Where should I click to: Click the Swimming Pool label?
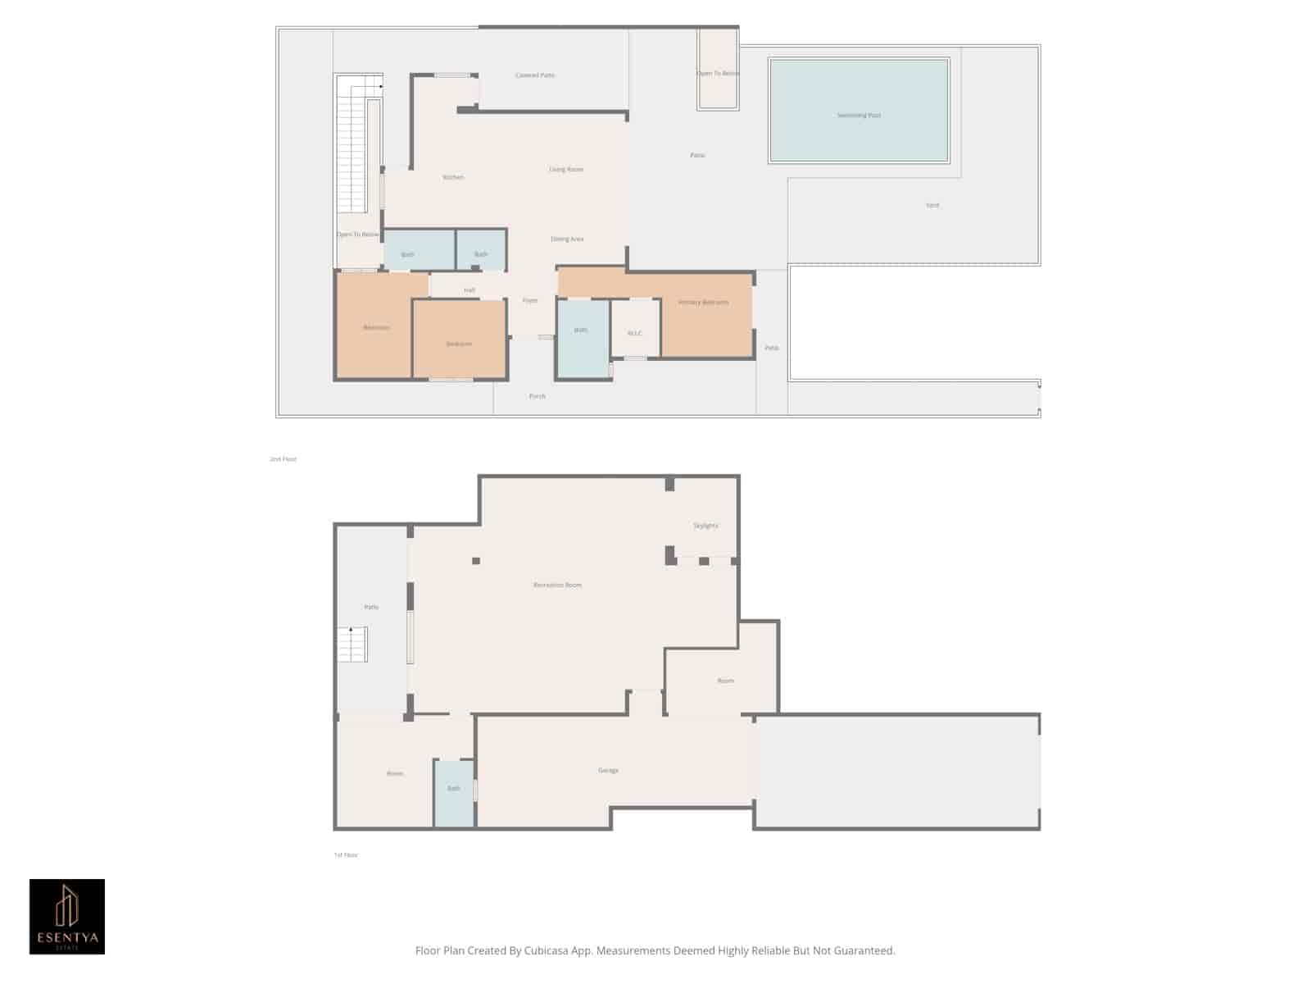(859, 116)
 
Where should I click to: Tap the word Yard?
(932, 205)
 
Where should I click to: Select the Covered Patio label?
(535, 75)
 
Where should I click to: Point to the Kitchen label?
(453, 177)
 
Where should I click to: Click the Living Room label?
(566, 170)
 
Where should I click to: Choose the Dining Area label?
(567, 239)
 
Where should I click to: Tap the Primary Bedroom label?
(703, 303)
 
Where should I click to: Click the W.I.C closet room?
(635, 333)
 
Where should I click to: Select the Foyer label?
(530, 301)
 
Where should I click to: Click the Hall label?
(470, 290)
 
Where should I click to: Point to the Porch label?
(537, 396)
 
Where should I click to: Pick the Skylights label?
(705, 526)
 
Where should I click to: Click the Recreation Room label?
(557, 585)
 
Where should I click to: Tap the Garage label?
(608, 771)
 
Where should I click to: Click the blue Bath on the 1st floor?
(454, 789)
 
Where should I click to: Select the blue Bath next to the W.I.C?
(581, 330)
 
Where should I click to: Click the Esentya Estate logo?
(67, 917)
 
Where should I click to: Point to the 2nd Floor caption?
(284, 459)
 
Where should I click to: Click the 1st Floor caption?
(346, 855)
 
